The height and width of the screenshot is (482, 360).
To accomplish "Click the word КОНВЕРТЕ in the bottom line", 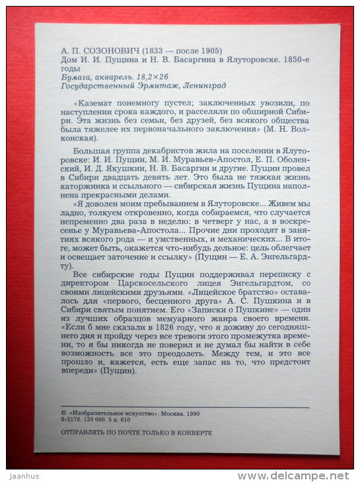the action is pos(194,432).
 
